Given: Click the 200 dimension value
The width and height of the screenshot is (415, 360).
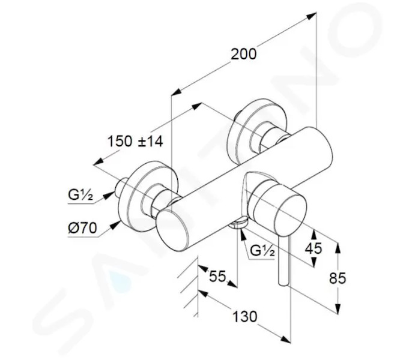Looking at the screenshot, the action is click(x=243, y=54).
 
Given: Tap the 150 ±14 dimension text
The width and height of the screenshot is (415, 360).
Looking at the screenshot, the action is click(x=135, y=141).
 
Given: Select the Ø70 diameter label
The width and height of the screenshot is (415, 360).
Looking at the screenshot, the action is click(x=82, y=228).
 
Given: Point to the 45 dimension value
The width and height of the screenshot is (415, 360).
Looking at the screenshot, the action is click(x=314, y=248).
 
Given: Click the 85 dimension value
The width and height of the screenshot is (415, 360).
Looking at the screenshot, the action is click(x=338, y=278).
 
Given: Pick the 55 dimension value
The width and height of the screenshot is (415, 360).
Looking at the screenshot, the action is click(x=217, y=276).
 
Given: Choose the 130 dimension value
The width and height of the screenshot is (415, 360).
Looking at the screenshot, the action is click(x=244, y=316).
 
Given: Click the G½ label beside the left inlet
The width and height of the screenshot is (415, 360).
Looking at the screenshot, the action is click(x=80, y=196).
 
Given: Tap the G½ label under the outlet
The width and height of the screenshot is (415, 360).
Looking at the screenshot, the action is click(x=262, y=251).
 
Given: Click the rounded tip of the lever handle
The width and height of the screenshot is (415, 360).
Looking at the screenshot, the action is click(x=283, y=283).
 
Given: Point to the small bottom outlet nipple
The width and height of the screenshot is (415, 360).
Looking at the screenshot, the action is click(x=238, y=223).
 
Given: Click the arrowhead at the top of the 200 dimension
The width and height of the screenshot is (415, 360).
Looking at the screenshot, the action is click(x=311, y=16).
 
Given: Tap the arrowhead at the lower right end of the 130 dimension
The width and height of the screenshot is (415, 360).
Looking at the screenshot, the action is click(x=286, y=340).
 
